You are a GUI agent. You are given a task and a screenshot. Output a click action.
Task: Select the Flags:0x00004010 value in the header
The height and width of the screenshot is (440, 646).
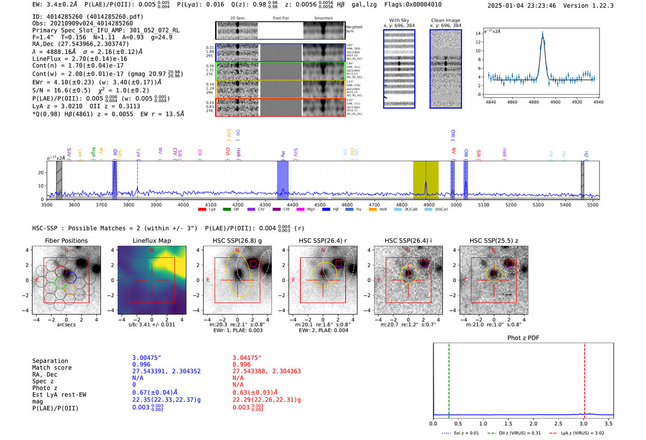point(413,5)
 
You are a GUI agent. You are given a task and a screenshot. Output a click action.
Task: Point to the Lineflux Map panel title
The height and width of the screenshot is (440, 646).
point(152,241)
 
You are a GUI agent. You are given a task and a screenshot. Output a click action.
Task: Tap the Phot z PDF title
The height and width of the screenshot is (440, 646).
point(523,338)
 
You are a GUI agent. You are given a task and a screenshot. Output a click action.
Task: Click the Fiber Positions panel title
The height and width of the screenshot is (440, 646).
point(66,241)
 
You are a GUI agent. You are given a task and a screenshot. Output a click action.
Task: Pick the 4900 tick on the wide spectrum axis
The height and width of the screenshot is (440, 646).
point(429,205)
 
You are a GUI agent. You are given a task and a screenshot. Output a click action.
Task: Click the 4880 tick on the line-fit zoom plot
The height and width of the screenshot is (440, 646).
point(534,102)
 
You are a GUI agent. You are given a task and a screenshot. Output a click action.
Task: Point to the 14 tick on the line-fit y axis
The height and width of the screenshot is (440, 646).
point(478,33)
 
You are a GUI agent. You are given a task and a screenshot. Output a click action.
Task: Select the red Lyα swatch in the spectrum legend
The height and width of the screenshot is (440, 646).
point(202,210)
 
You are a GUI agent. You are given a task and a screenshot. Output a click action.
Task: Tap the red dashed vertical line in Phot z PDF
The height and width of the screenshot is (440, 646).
point(584,379)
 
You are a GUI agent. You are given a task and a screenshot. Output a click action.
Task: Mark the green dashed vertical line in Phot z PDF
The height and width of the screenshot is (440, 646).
point(449,379)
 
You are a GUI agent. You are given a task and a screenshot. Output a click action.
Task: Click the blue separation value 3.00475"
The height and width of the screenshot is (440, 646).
point(147,358)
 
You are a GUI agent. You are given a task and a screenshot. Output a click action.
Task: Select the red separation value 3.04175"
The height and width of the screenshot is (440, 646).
point(247,358)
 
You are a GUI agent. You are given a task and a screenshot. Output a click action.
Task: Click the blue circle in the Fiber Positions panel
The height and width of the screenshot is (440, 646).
point(70,277)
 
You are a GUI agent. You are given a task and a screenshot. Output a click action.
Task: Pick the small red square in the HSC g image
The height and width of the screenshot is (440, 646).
point(253,263)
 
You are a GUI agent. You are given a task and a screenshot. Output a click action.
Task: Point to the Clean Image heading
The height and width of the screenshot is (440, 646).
point(445,20)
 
